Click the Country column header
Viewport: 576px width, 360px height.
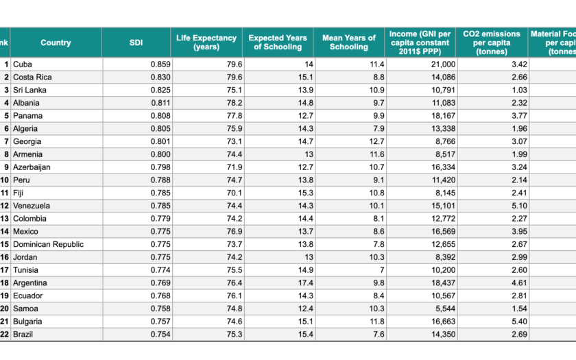click(x=56, y=43)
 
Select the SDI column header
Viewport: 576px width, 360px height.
click(x=136, y=43)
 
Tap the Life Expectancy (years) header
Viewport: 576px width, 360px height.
click(x=206, y=43)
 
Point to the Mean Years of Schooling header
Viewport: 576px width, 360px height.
click(x=349, y=43)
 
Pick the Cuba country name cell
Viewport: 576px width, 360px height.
click(x=23, y=64)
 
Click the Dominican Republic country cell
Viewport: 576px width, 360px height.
click(x=48, y=244)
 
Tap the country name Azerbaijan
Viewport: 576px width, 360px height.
click(x=32, y=167)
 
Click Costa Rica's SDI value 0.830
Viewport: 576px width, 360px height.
click(x=160, y=77)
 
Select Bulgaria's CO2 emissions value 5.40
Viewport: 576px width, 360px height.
click(x=518, y=321)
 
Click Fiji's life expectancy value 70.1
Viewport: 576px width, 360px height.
click(x=235, y=193)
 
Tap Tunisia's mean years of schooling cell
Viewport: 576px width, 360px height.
click(x=381, y=269)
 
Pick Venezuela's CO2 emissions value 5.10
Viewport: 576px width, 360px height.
click(x=518, y=206)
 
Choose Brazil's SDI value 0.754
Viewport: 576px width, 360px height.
click(x=160, y=334)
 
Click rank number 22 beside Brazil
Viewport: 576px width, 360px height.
click(x=5, y=334)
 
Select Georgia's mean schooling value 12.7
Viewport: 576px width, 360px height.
click(x=376, y=141)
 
